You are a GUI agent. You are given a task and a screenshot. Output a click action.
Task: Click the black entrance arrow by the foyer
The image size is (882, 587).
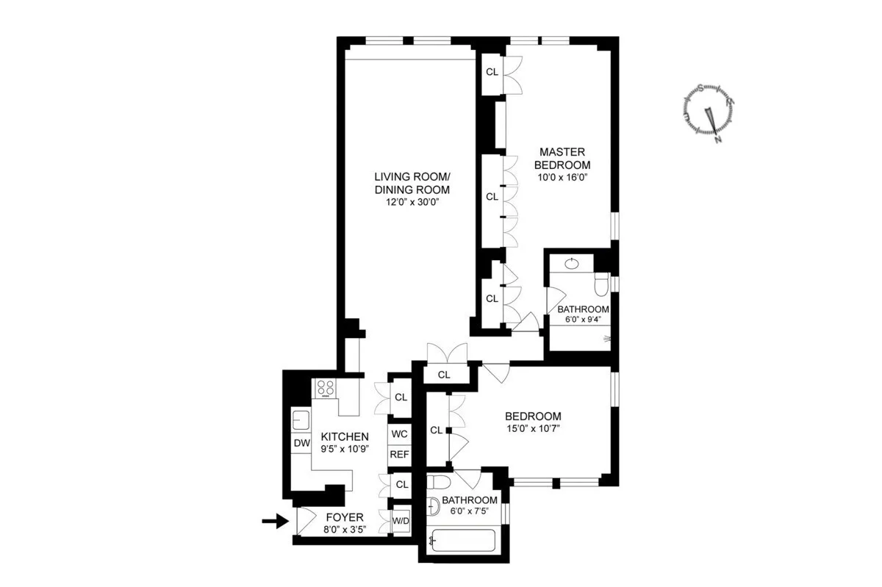coord(275,522)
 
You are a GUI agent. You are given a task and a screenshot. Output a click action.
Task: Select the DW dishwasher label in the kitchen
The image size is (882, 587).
coord(301,443)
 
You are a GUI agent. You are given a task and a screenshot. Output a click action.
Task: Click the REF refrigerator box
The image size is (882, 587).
coord(399,454)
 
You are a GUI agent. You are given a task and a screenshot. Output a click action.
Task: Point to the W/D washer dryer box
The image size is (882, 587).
coord(401,522)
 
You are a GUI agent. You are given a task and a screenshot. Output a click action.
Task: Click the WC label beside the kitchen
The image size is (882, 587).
coord(399,433)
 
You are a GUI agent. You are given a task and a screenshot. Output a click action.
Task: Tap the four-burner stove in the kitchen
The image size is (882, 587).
coord(324,389)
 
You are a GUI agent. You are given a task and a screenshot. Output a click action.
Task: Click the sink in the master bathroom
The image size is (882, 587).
coord(572,263)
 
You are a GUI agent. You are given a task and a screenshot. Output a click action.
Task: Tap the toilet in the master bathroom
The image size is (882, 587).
coord(601,284)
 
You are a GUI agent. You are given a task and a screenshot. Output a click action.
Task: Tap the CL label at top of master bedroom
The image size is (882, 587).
coord(492,73)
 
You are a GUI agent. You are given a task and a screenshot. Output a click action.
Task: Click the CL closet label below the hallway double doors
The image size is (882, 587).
coord(443,375)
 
